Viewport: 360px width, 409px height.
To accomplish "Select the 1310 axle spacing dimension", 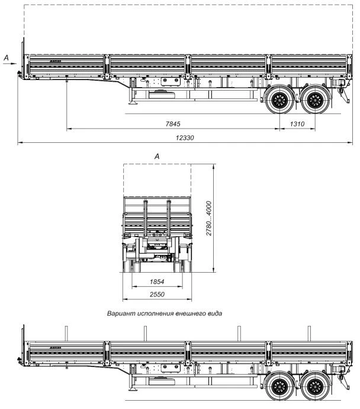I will pyautogui.click(x=297, y=123).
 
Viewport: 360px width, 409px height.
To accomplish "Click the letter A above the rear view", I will pyautogui.click(x=157, y=155).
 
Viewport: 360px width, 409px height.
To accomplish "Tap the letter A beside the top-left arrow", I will pyautogui.click(x=7, y=57).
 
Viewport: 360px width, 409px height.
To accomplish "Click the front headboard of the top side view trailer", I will pyautogui.click(x=24, y=56).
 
